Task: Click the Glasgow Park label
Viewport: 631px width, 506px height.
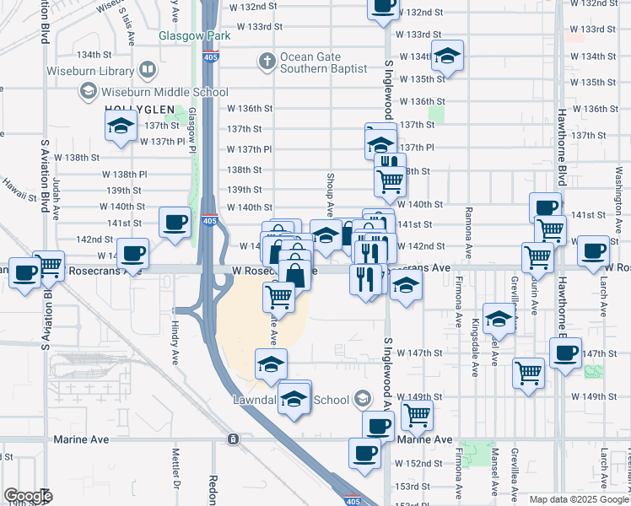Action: [x=195, y=36]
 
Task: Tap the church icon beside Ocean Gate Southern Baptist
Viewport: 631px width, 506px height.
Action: [x=267, y=60]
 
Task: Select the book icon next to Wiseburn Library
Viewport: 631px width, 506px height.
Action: [x=148, y=68]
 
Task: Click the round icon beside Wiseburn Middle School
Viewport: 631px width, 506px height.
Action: [x=87, y=90]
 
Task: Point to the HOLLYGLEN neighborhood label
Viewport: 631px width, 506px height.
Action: [x=139, y=110]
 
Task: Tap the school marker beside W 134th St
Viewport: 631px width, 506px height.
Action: [x=446, y=57]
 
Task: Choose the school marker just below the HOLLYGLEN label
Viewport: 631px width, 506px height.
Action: [x=121, y=127]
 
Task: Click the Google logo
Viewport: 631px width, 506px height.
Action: [x=28, y=496]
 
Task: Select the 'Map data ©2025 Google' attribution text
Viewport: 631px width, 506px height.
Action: [x=579, y=499]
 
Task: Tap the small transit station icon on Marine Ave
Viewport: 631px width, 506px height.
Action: [x=233, y=439]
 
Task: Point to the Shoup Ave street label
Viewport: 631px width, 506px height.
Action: [x=331, y=196]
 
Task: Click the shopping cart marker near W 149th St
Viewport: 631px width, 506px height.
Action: [x=417, y=414]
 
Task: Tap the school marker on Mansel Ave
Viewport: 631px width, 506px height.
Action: [x=499, y=319]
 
